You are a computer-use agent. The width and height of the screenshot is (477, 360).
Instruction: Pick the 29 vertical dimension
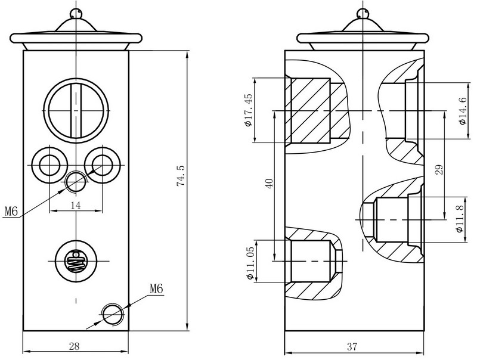439,170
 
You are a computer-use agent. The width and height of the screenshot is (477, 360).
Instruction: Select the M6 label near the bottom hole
156,288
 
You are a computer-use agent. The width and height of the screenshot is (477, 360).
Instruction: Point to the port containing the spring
75,260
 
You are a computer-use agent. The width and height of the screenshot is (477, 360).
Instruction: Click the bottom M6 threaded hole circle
112,312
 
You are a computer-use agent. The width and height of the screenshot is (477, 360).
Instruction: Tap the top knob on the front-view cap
75,13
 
